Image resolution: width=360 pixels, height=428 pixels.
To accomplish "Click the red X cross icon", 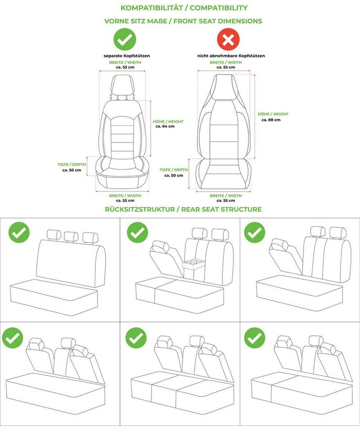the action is (228, 40).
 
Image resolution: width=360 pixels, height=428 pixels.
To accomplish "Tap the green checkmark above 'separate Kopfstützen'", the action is (125, 40).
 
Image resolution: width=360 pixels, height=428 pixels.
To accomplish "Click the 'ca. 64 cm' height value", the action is (165, 126).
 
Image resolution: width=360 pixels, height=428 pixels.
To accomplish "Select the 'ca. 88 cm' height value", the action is (271, 120).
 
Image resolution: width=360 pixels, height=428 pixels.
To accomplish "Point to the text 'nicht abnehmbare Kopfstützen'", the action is (231, 56).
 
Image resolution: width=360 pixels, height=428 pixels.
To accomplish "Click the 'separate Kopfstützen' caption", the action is (127, 56).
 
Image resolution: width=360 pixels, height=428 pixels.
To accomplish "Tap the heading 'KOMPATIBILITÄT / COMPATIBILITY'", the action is (184, 8).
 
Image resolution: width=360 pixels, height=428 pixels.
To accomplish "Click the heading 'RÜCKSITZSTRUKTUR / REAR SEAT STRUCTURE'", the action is (183, 210).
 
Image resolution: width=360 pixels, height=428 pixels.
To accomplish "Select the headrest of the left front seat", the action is (123, 85).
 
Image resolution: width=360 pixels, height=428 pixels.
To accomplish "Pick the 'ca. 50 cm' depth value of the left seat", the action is (72, 170).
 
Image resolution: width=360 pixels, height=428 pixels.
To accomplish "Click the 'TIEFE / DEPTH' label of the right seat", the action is (173, 170).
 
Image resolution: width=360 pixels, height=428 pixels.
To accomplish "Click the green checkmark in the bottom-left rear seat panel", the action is (13, 338).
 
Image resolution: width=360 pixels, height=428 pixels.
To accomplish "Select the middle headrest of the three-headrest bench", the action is (71, 236).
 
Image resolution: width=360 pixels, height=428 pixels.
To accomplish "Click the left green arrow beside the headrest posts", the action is (111, 96).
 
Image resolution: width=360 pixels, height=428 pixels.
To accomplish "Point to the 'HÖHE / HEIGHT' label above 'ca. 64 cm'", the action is (168, 121).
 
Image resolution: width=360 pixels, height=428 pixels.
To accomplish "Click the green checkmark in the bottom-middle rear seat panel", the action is (136, 338).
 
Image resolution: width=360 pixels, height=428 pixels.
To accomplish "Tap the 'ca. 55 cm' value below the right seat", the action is (226, 201).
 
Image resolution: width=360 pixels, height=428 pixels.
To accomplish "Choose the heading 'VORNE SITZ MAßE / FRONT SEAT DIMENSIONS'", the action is (183, 21).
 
